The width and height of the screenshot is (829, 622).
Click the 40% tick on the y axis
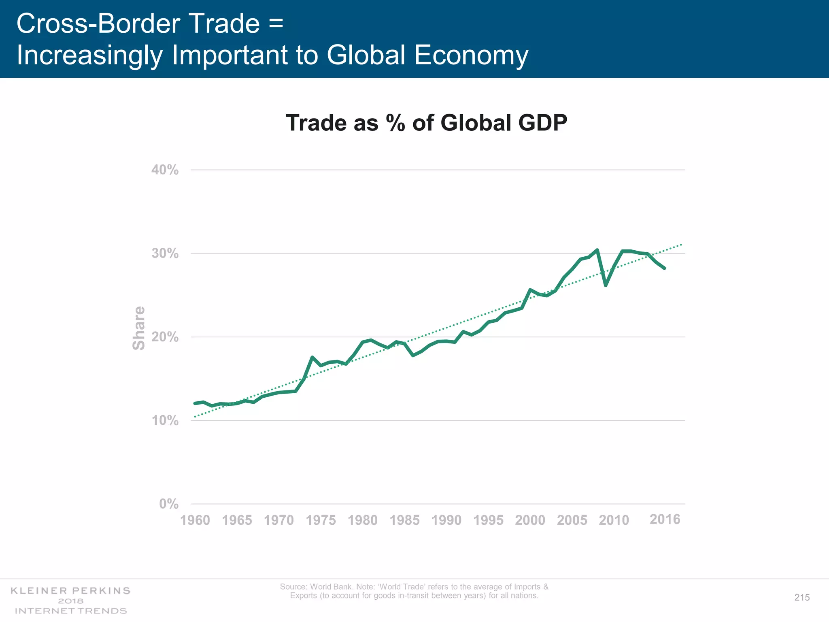click(165, 170)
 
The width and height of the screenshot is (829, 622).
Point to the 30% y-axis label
click(165, 253)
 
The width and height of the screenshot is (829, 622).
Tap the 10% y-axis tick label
click(165, 421)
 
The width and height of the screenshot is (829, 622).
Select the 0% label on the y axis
click(168, 504)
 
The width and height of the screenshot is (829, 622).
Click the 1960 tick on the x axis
click(195, 520)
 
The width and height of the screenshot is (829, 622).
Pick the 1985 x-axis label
click(404, 520)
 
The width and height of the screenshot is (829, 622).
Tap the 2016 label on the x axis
click(665, 520)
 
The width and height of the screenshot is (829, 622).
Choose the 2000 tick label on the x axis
click(530, 520)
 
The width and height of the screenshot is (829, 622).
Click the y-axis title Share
click(139, 328)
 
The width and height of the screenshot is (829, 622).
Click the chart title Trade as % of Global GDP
click(426, 123)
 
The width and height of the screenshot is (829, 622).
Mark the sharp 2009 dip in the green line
click(606, 285)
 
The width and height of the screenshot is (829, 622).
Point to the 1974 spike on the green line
click(312, 357)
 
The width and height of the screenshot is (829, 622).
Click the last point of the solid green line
click(664, 268)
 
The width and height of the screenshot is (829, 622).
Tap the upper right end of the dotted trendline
click(682, 245)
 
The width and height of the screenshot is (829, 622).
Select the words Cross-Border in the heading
click(98, 23)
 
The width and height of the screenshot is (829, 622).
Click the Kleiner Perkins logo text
click(70, 591)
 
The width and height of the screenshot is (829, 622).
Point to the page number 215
click(801, 598)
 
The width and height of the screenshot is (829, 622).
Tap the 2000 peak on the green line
click(530, 290)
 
